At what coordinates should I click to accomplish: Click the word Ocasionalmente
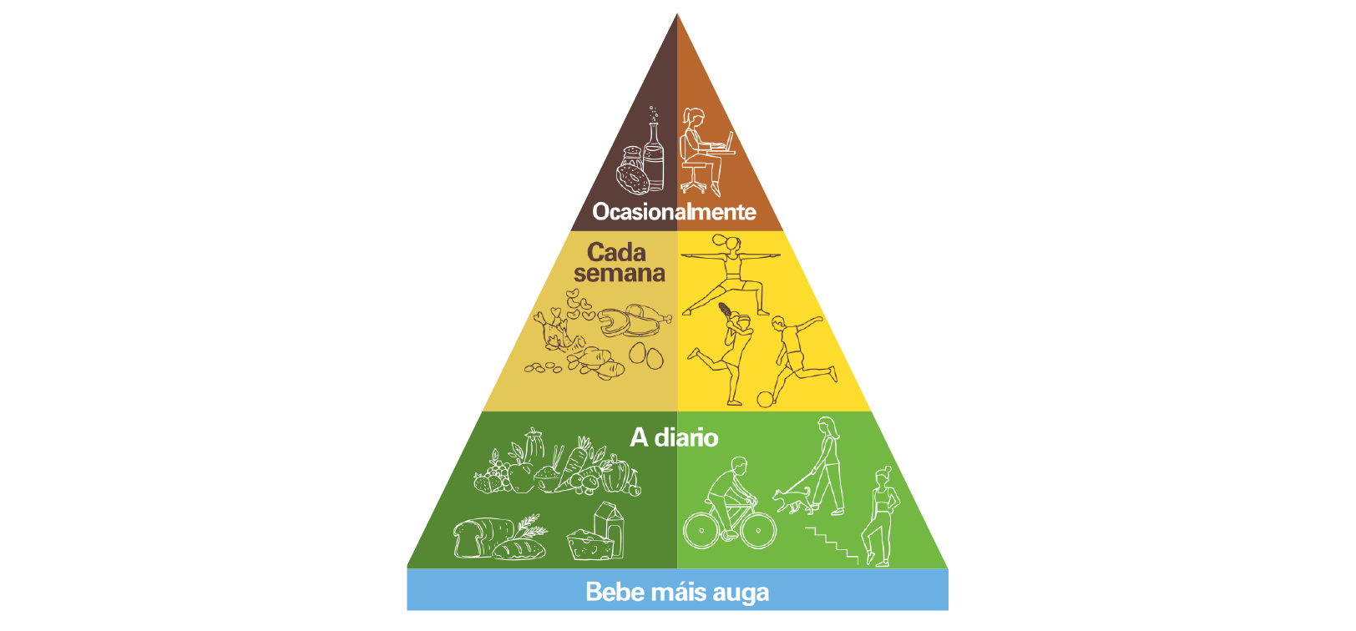click(674, 212)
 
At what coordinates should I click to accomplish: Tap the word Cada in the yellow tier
click(616, 252)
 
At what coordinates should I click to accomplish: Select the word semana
click(620, 274)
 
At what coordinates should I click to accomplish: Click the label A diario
click(674, 437)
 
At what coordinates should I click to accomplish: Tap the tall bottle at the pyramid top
click(654, 156)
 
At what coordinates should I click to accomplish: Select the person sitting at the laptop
click(702, 151)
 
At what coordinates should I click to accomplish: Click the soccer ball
click(765, 399)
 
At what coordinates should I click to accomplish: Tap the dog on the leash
click(792, 501)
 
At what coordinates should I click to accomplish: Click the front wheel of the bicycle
click(758, 531)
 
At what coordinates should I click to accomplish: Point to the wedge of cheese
click(589, 544)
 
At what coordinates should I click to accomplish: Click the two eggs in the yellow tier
click(645, 356)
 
